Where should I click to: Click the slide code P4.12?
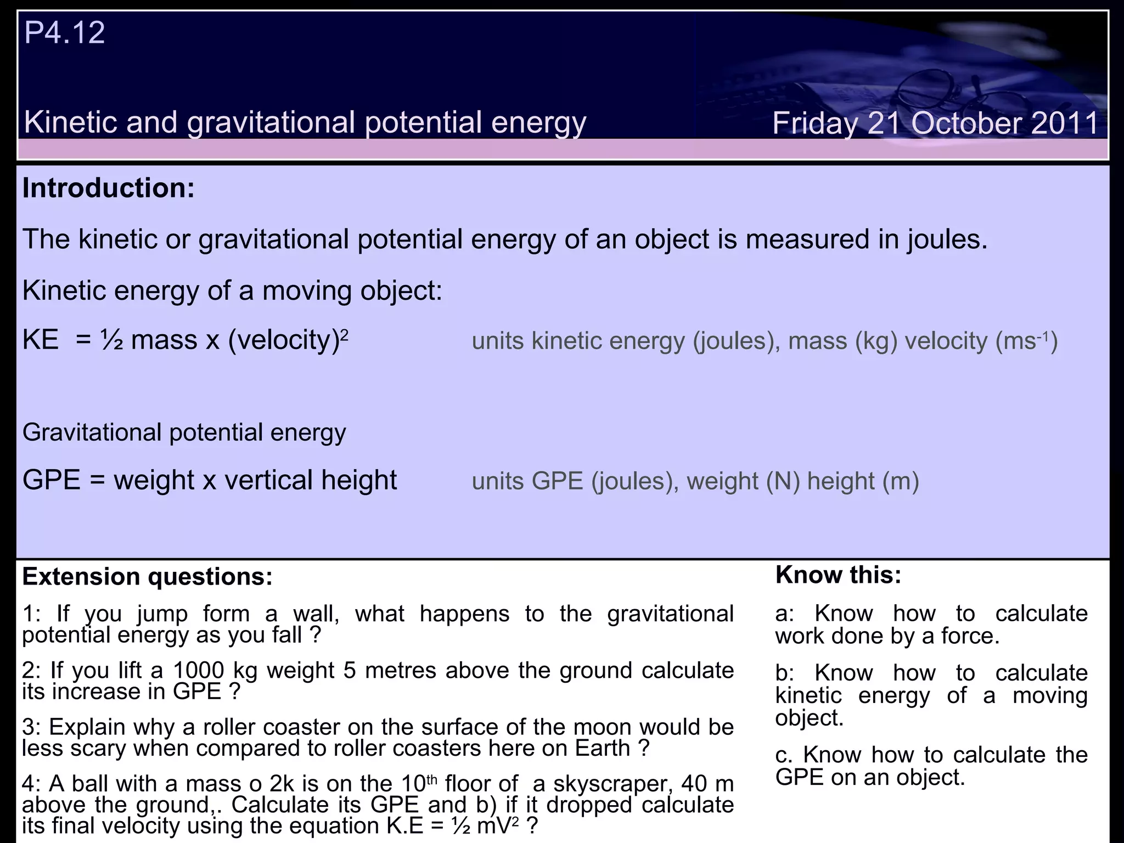tap(64, 32)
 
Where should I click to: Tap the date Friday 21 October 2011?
tap(935, 123)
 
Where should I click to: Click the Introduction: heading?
tap(108, 188)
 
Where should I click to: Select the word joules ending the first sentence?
tap(946, 240)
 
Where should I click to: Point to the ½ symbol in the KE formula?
tap(112, 340)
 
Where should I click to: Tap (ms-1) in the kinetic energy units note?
tap(1026, 341)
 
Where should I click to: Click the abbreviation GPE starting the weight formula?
tap(52, 480)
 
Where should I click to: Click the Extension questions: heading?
tap(147, 577)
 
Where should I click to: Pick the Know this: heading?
tap(838, 575)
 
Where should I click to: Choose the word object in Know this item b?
tap(808, 718)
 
